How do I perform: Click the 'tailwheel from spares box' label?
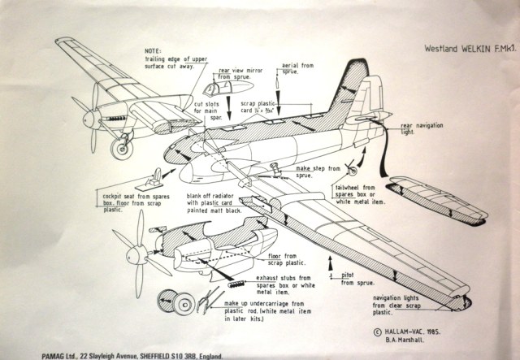pos(391,195)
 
